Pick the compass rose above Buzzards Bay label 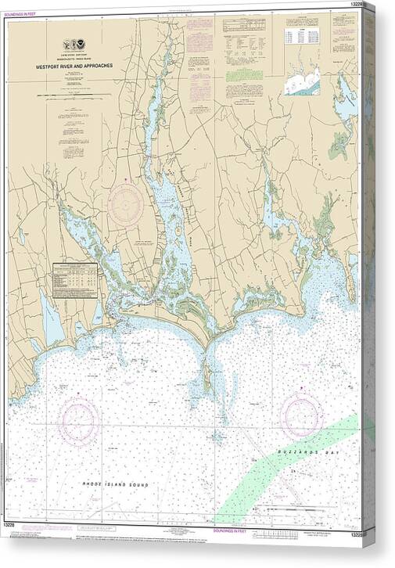click(302, 415)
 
